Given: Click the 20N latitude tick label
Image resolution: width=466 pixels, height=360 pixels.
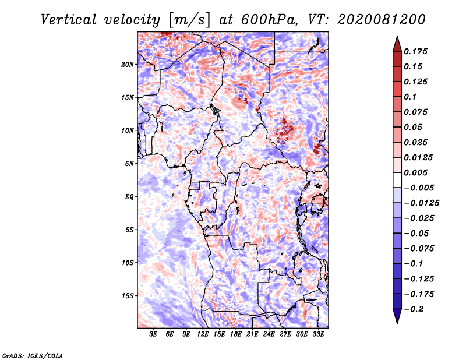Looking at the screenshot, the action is (128, 65).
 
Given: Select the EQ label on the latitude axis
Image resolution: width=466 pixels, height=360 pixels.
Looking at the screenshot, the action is (129, 197).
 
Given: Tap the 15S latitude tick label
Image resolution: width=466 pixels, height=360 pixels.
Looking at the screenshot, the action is (128, 296).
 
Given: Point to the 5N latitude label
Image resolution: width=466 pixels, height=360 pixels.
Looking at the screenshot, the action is (129, 164).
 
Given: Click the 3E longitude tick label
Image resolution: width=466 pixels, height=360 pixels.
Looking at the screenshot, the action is (153, 334).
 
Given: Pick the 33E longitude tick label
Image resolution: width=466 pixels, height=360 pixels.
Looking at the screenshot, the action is (318, 334).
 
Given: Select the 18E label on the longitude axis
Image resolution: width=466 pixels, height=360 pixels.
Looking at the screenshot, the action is (236, 334).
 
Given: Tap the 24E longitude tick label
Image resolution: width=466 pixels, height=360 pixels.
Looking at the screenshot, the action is (269, 334).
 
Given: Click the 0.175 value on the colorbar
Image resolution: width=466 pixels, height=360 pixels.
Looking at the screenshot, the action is (415, 51).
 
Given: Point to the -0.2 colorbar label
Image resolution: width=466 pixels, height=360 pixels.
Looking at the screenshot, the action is (414, 309).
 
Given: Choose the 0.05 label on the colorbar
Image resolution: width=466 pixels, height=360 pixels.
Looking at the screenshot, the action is (413, 127).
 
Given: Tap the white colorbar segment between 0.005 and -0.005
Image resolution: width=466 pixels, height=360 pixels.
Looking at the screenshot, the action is (397, 180).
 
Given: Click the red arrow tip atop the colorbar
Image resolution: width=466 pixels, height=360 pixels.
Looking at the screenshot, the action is (397, 36).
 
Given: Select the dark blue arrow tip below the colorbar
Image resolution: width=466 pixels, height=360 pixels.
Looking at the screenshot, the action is (397, 323).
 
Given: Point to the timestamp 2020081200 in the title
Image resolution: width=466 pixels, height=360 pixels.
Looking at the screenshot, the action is (382, 20).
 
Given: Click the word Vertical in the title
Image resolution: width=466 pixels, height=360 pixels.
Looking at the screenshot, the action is (69, 20).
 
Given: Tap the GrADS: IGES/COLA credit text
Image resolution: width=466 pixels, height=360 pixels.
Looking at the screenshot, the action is (33, 356).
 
